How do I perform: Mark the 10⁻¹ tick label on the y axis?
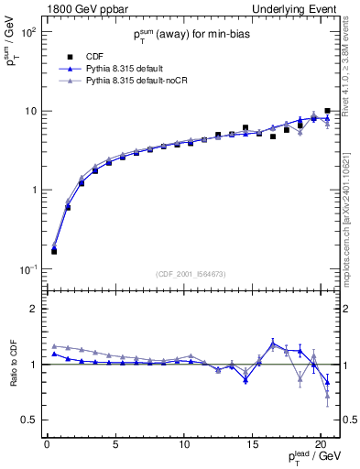(x=27, y=269)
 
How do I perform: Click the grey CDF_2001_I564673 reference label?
(x=191, y=273)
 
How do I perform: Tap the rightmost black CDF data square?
(x=327, y=111)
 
